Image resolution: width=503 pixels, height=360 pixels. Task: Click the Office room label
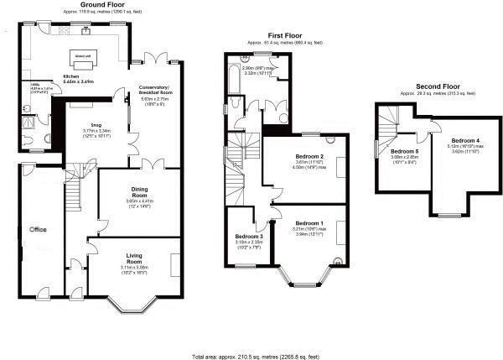point(37,228)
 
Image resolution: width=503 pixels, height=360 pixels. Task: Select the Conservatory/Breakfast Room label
point(158,91)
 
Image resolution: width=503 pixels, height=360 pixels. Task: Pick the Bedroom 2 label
point(310,156)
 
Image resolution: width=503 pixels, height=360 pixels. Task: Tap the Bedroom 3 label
point(249,237)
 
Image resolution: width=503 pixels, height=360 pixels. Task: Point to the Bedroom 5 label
point(406,151)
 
